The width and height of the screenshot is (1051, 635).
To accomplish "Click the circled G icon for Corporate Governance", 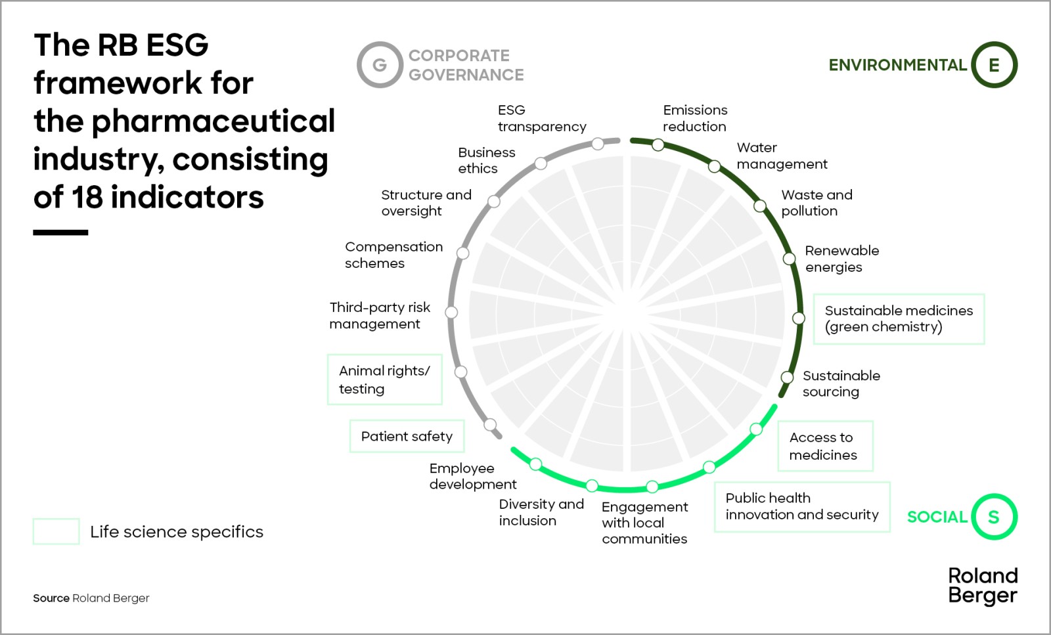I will pos(380,65).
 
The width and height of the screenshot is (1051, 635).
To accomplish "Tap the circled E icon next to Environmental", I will pos(994,65).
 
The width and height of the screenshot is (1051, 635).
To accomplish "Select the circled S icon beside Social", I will pos(994,517).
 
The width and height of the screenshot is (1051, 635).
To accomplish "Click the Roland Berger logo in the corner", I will pos(983,586).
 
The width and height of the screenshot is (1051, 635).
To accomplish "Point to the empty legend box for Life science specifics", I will pos(56,531).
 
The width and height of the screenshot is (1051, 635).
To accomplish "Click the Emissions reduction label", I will pos(695,118).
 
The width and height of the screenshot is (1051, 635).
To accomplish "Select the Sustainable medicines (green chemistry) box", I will pos(899,319).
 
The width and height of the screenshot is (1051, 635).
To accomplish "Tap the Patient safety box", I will pos(407,437).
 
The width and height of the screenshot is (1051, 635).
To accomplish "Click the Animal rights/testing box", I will pos(384,380).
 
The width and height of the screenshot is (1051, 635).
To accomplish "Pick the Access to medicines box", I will pos(824,446).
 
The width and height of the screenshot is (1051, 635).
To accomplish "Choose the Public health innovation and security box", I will pos(801,506).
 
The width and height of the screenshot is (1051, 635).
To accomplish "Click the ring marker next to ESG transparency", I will pos(598,144).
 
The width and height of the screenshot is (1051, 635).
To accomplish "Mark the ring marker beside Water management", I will pos(714,167).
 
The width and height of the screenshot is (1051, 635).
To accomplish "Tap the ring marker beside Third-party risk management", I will pos(451,313).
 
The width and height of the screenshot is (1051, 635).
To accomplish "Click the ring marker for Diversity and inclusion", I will pos(592,486).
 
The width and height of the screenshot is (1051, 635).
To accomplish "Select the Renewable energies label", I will pos(841,259).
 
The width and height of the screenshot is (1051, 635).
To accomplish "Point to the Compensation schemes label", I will pos(393,255).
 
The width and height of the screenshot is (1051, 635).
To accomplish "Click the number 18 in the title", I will pos(87,197).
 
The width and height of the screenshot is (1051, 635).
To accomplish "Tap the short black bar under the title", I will pos(60,232).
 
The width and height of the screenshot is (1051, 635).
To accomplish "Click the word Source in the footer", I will pos(51,598).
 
